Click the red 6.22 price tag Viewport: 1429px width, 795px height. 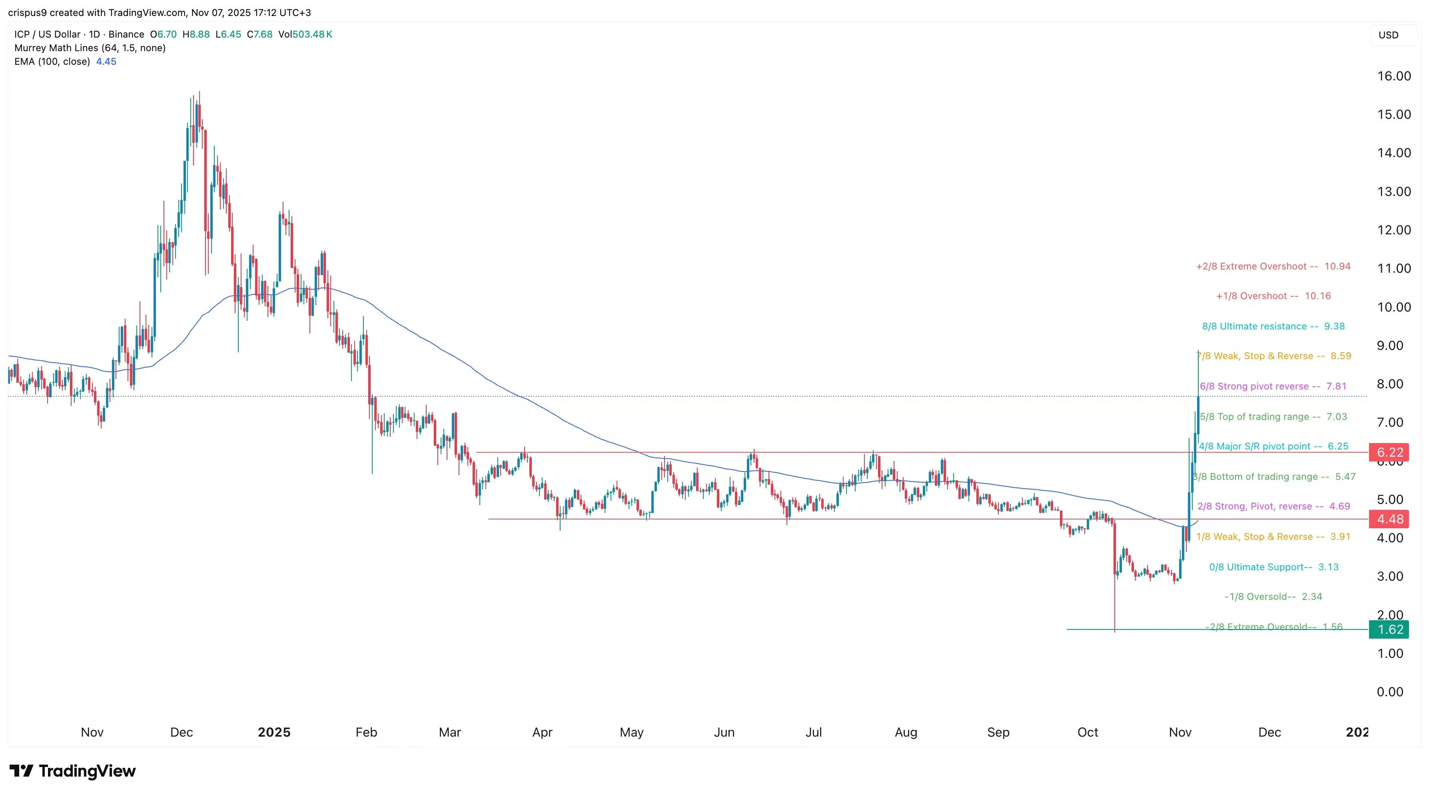click(1389, 452)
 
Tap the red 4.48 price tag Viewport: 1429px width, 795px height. click(1389, 519)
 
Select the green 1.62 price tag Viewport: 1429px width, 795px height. click(1389, 629)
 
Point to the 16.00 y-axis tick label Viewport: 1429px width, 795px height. click(1393, 76)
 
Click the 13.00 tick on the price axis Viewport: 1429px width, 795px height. click(1393, 192)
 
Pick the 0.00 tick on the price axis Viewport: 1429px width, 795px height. click(1389, 691)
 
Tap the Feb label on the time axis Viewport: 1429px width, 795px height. click(366, 732)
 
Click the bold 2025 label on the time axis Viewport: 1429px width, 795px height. click(274, 732)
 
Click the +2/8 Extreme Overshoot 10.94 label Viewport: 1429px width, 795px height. click(1273, 266)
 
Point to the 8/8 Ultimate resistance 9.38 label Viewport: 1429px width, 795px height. click(1273, 326)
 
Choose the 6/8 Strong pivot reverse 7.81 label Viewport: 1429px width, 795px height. click(1273, 386)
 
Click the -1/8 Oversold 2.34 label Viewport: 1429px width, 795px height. click(1273, 596)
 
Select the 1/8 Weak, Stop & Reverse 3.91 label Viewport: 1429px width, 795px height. click(1273, 537)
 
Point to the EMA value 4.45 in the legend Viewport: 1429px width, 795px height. click(106, 62)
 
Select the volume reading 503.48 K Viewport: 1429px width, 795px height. click(312, 34)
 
